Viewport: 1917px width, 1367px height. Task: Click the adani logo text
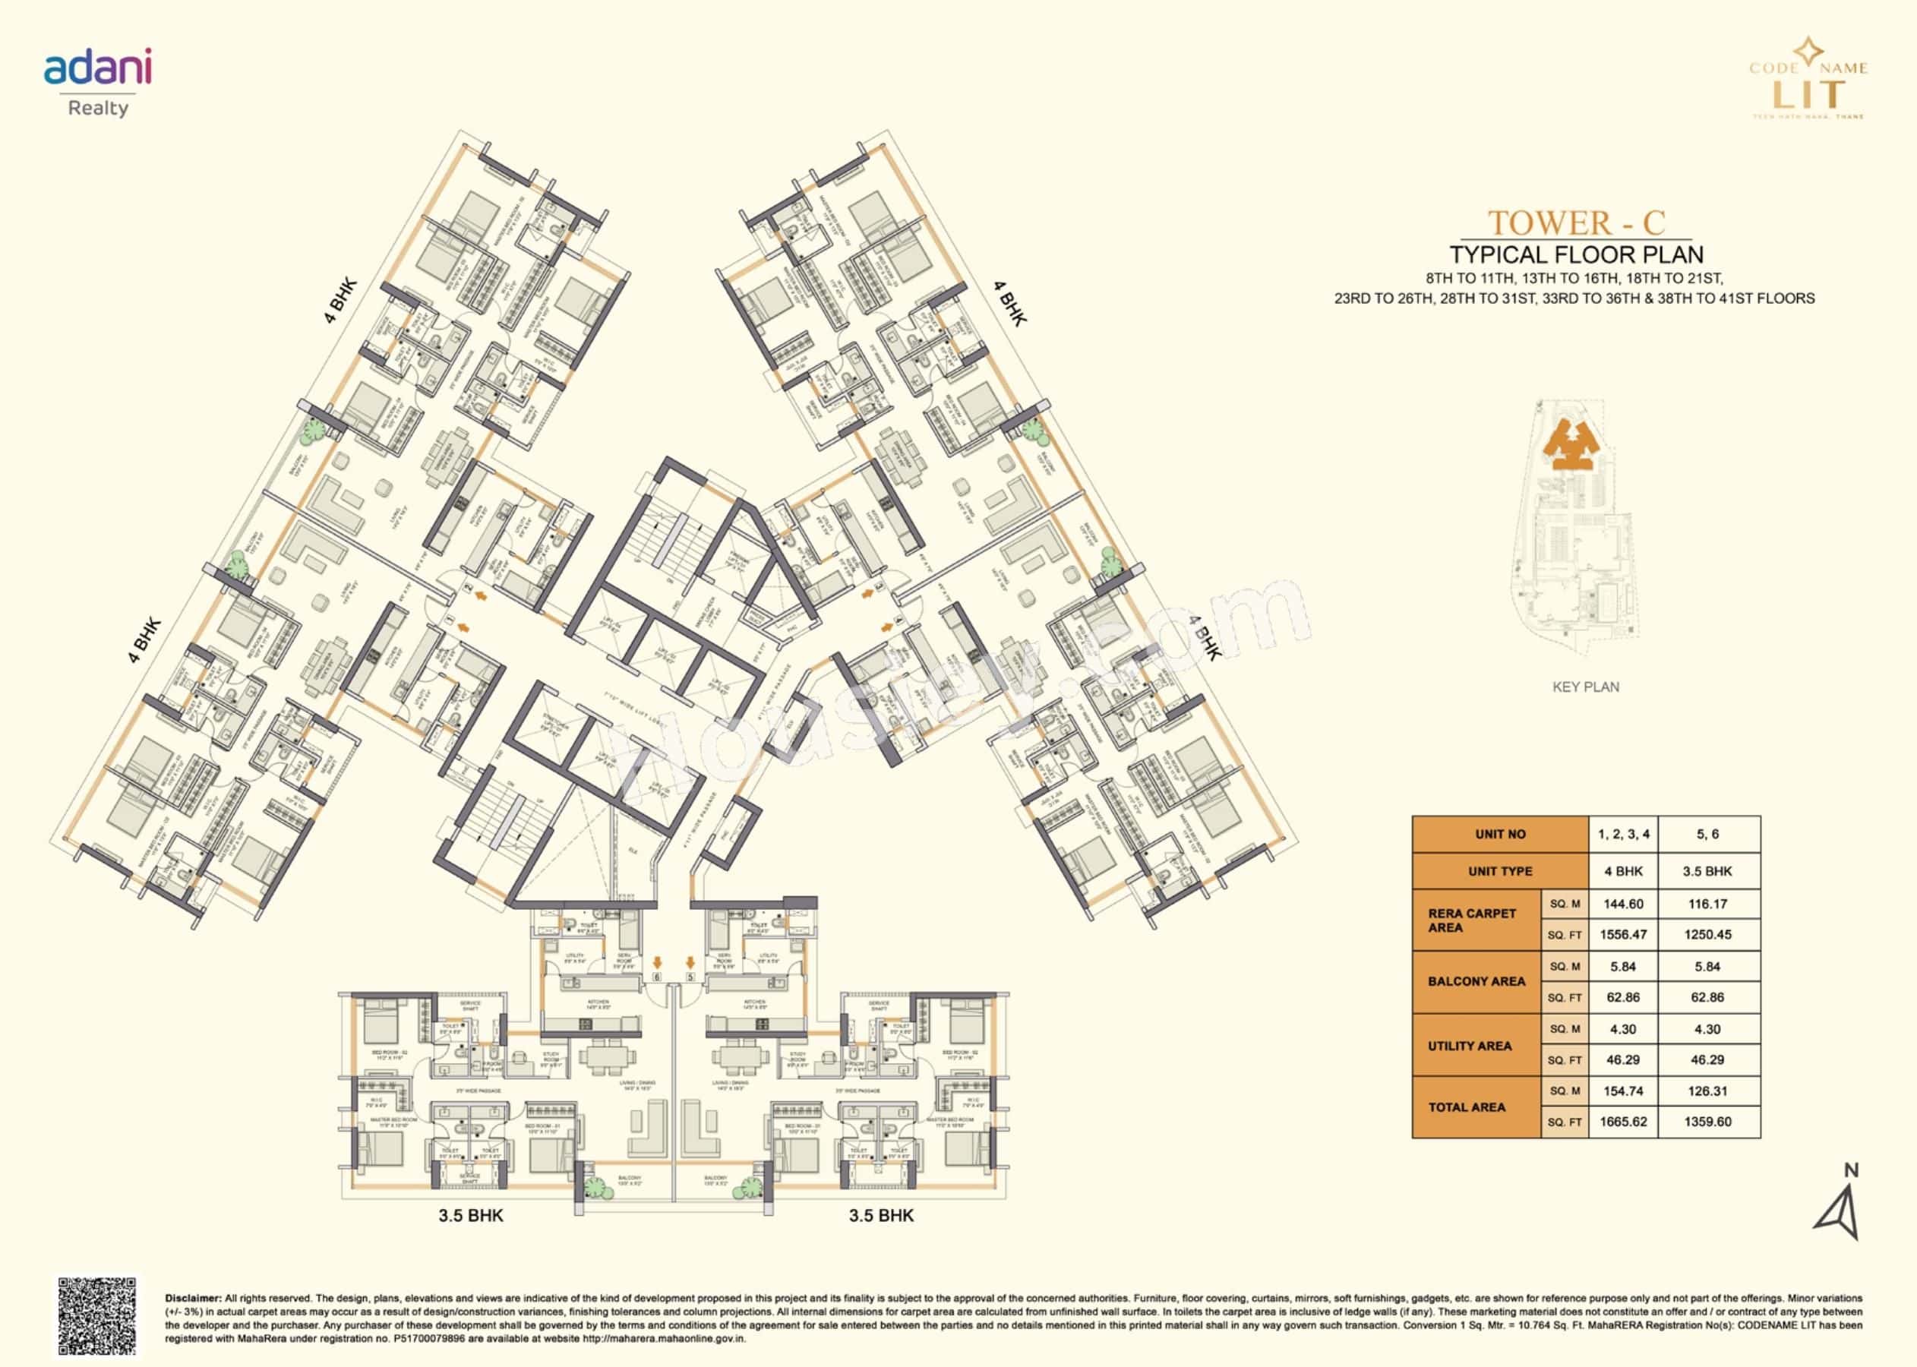point(98,68)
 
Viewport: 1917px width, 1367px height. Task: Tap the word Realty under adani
point(98,108)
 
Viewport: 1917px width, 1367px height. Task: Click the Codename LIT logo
point(1807,81)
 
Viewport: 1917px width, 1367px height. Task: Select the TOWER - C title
point(1575,223)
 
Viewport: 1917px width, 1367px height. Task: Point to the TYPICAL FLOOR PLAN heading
point(1575,255)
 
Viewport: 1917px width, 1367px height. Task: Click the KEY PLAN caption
point(1585,687)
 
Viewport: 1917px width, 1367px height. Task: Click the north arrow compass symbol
point(1840,1205)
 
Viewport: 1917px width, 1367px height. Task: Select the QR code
point(96,1315)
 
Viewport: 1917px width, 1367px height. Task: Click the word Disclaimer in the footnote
point(193,1299)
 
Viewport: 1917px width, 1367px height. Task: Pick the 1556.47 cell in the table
point(1622,935)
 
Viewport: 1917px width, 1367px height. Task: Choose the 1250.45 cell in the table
point(1707,935)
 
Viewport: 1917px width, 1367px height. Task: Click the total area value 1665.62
point(1622,1122)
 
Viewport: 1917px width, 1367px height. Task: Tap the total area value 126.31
point(1707,1091)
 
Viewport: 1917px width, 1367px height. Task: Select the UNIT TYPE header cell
point(1500,871)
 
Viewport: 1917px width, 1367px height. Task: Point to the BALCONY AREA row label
point(1476,981)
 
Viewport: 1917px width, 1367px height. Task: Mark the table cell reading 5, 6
point(1707,834)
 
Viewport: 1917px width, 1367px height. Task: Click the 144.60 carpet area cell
point(1622,904)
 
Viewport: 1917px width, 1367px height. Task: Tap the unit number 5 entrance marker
point(690,977)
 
